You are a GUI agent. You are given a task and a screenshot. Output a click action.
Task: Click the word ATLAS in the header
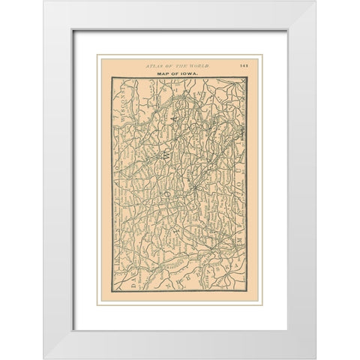click(x=154, y=66)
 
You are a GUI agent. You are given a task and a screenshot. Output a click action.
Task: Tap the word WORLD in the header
click(x=199, y=66)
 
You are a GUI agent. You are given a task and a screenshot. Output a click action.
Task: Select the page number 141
click(x=244, y=66)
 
